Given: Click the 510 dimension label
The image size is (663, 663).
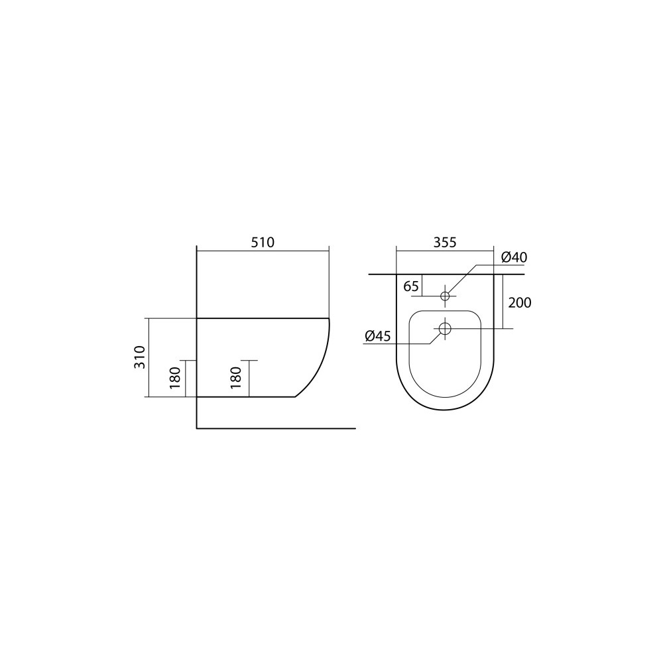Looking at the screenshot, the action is pos(263,243).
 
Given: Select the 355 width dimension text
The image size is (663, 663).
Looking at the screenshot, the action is pos(445,243).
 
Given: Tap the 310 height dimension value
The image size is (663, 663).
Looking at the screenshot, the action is pos(140,357).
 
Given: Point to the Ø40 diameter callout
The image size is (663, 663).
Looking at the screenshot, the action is pos(514,257).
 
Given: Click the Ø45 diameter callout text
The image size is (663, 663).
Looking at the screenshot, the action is pos(378,336).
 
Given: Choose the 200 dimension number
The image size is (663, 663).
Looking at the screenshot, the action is pos(520,303).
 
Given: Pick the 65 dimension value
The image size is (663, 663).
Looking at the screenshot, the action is pos(411,286).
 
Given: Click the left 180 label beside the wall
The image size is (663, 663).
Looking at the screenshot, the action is pos(175,378).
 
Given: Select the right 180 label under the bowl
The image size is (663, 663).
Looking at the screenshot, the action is pos(236,378).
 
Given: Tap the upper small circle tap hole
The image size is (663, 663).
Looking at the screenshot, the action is pos(445,296).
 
